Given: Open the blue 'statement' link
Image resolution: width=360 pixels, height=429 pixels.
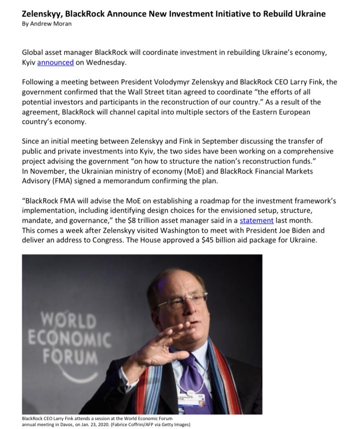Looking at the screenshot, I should point(257,221).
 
